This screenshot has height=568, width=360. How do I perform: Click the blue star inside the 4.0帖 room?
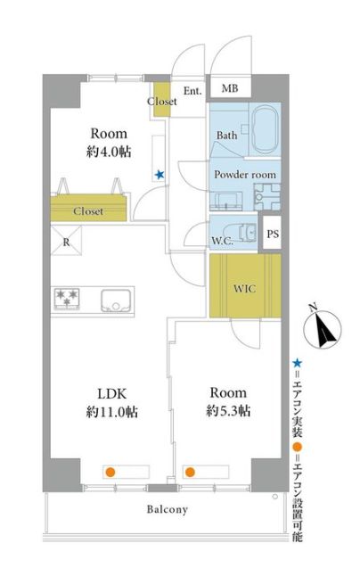(160, 175)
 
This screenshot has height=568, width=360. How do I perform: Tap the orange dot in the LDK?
(110, 472)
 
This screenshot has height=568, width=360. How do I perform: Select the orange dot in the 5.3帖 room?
(190, 472)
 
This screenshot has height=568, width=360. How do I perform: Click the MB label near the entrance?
(230, 88)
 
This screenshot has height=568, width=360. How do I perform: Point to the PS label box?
(273, 234)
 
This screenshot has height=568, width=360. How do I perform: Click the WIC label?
(244, 289)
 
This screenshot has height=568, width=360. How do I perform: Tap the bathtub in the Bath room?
(266, 129)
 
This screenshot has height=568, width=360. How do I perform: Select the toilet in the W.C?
(241, 232)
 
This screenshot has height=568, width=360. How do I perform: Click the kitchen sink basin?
(116, 300)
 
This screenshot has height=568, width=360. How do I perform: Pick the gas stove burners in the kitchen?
(67, 299)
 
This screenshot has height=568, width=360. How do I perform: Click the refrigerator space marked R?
(66, 240)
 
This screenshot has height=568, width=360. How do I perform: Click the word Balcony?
(168, 510)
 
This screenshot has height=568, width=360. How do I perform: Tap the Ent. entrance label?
(192, 91)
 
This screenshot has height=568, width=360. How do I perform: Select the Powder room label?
(245, 175)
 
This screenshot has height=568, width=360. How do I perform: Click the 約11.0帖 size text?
(112, 412)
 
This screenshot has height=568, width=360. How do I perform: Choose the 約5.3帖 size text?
(228, 411)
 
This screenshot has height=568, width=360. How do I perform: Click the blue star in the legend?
(297, 363)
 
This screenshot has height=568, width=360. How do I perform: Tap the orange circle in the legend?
(298, 446)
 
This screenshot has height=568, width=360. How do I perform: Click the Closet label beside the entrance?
(162, 102)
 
